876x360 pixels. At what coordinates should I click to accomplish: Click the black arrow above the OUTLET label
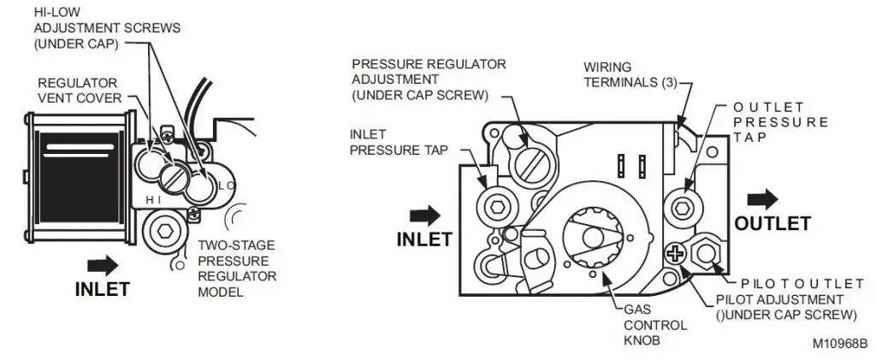(762, 199)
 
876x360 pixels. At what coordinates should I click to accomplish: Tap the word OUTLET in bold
(771, 224)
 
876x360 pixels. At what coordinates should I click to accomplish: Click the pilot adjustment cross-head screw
(675, 253)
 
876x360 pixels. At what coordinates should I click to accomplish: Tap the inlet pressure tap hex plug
(495, 205)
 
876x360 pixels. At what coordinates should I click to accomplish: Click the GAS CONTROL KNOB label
(642, 325)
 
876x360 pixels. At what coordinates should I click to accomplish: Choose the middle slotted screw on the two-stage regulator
(175, 178)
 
